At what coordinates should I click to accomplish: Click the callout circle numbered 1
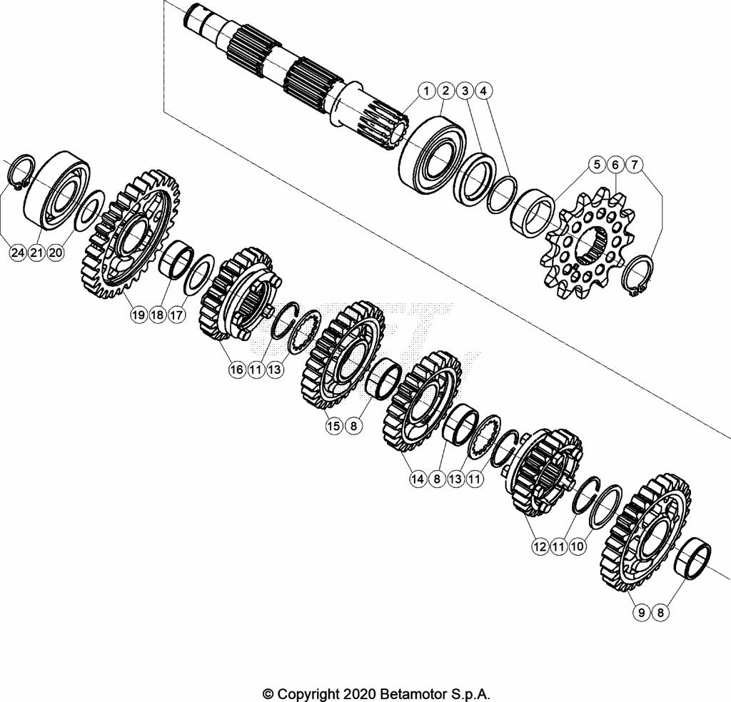[x=425, y=91]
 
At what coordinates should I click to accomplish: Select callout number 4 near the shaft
[x=483, y=91]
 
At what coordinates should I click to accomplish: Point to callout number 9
[x=641, y=611]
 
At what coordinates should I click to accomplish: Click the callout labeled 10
[x=578, y=546]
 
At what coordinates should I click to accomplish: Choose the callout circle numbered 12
[x=539, y=546]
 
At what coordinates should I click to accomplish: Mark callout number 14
[x=418, y=479]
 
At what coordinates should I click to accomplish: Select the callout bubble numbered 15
[x=333, y=426]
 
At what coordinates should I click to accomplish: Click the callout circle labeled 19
[x=138, y=315]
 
